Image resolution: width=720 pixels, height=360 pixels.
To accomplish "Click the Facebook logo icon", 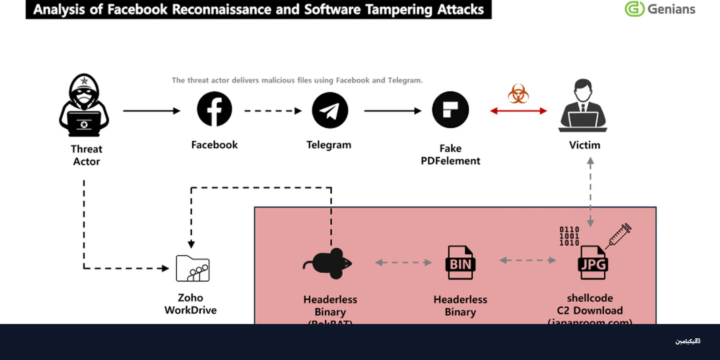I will [214, 109].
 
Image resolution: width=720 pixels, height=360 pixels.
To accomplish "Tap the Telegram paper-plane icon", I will [330, 110].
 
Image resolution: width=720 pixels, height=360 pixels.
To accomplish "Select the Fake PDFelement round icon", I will [450, 110].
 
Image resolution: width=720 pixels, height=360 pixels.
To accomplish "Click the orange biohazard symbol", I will [518, 94].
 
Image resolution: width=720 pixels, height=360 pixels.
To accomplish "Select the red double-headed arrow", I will [518, 111].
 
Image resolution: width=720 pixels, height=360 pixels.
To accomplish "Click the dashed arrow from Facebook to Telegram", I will [273, 111].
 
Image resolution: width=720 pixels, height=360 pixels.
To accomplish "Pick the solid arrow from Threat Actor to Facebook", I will [152, 111].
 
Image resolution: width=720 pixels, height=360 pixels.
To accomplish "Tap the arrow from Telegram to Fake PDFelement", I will [393, 111].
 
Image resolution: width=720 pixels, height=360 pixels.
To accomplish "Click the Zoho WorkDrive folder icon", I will [192, 268].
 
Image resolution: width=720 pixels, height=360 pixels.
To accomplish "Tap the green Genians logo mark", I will [634, 9].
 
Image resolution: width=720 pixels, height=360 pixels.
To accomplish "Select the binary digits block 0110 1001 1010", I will [569, 236].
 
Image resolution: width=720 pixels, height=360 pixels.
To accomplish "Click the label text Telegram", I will [329, 145].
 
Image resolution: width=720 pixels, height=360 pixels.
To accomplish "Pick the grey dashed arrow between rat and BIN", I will [403, 263].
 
